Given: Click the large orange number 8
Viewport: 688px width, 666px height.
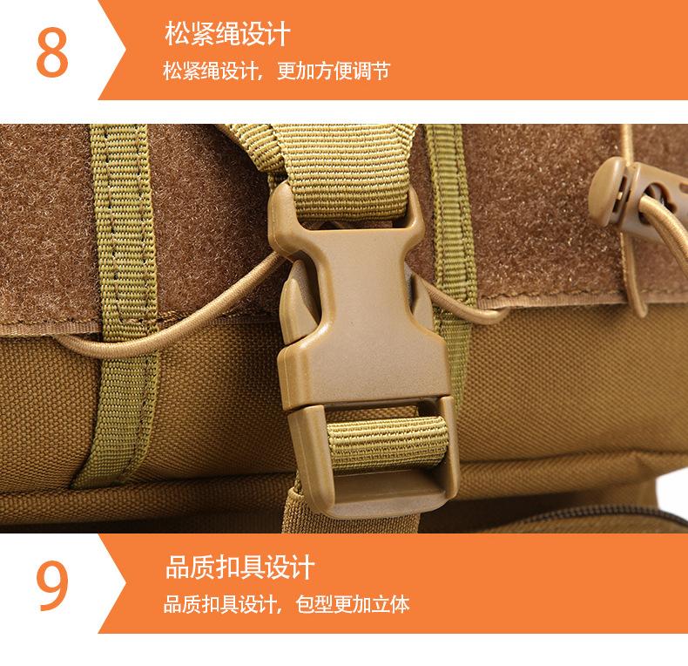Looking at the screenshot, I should [51, 53].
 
